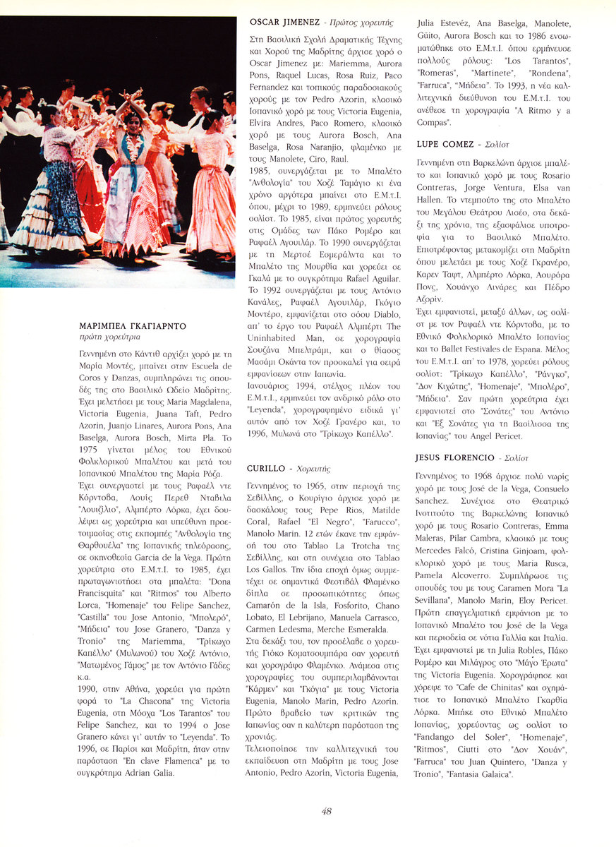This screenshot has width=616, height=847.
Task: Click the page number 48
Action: click(x=326, y=811)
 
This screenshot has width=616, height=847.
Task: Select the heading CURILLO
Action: click(x=266, y=468)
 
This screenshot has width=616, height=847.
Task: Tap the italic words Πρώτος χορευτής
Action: click(x=367, y=23)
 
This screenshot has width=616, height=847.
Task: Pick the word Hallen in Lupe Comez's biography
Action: click(x=433, y=199)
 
